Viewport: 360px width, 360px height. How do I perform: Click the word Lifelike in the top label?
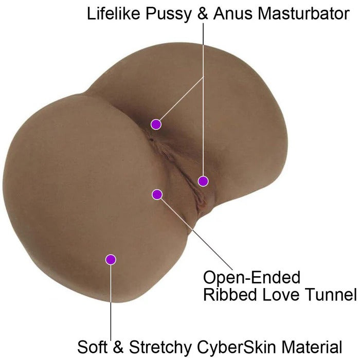[114, 13]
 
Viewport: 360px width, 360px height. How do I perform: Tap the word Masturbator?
[304, 13]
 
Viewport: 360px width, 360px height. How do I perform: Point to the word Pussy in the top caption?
[168, 14]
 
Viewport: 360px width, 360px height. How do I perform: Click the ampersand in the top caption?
[203, 13]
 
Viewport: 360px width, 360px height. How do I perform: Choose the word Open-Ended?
[252, 277]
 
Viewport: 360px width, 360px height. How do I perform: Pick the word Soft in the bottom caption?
[92, 347]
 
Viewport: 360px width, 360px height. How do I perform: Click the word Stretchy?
[160, 347]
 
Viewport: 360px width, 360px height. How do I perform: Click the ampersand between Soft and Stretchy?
[118, 347]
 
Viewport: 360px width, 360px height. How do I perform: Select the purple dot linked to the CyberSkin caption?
[111, 260]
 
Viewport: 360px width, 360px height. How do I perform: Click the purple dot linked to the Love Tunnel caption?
[157, 195]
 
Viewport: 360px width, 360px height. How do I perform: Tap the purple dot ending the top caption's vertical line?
[203, 181]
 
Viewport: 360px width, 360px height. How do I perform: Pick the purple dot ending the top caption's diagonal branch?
[156, 124]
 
